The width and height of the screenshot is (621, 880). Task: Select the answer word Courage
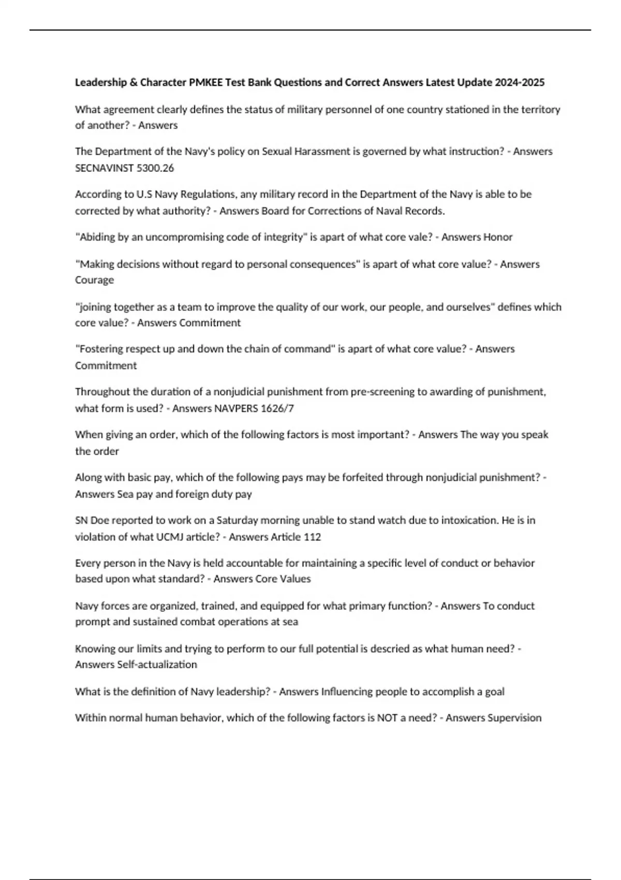click(x=94, y=280)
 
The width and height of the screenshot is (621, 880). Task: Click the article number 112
click(x=312, y=537)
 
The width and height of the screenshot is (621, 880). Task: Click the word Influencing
click(x=347, y=692)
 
